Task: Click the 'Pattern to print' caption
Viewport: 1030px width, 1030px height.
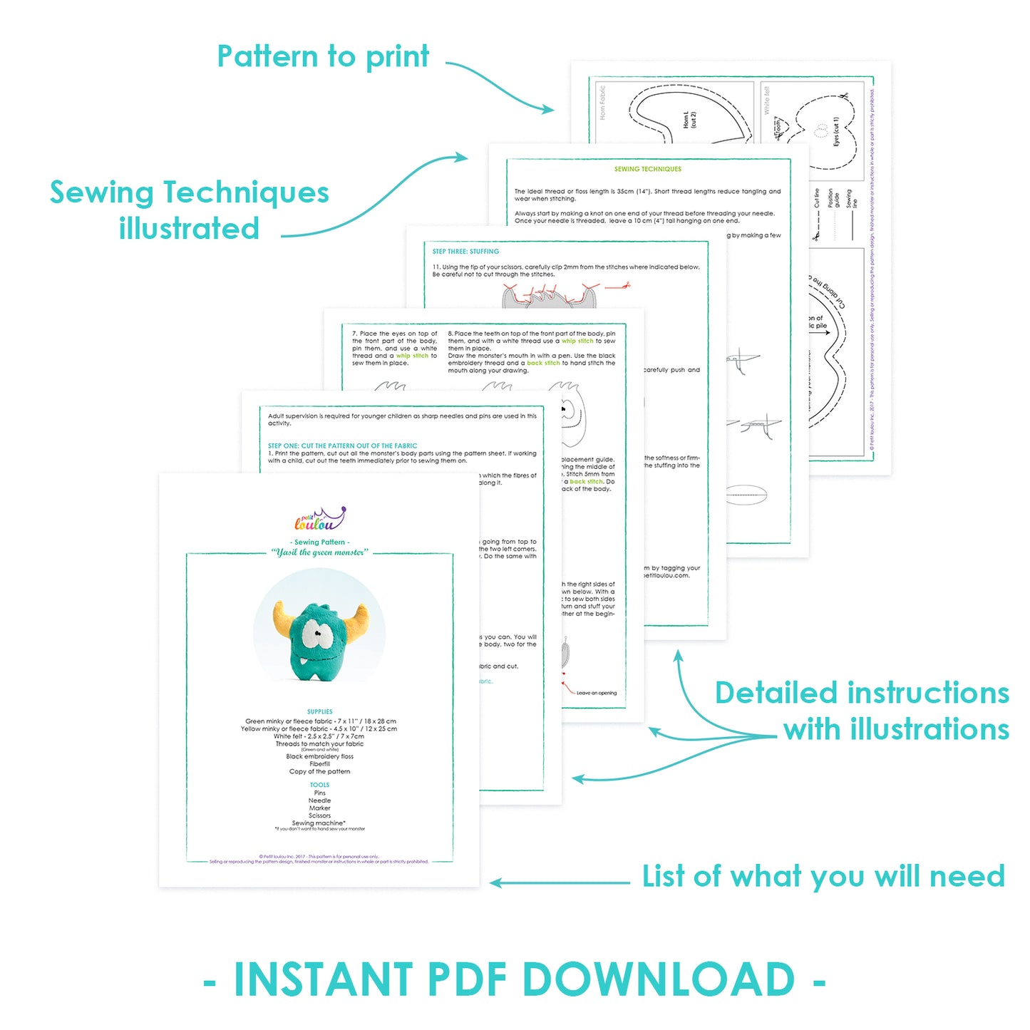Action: (x=323, y=57)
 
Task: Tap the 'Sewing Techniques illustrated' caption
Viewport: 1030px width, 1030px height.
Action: (x=190, y=210)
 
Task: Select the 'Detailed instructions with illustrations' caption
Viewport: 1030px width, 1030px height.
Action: (x=862, y=711)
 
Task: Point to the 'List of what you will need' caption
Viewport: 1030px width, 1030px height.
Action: (x=823, y=877)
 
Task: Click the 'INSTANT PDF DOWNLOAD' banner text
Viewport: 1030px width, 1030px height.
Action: (x=515, y=979)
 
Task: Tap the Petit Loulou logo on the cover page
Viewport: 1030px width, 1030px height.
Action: (x=320, y=520)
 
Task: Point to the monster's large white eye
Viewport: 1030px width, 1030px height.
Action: (x=313, y=632)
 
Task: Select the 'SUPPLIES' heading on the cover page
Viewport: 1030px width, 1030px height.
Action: (x=319, y=711)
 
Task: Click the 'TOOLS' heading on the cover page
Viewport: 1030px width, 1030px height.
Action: (x=319, y=785)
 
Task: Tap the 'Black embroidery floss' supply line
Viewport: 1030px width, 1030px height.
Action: (x=319, y=756)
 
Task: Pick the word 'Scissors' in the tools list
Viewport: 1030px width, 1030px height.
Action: (x=319, y=815)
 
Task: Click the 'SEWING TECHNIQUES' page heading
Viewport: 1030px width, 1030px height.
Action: (x=648, y=170)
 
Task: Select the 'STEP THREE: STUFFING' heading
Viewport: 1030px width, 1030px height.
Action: (x=465, y=252)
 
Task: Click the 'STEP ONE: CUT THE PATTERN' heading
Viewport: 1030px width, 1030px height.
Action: (x=342, y=446)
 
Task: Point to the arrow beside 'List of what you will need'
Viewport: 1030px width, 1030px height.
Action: (x=560, y=883)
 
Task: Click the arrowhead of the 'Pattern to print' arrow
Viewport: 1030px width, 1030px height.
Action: (x=548, y=110)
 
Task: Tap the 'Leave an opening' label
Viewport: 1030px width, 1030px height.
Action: (x=597, y=693)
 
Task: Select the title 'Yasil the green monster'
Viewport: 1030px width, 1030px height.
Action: (x=320, y=552)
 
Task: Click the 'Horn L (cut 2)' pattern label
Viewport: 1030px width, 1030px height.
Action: (x=689, y=119)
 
